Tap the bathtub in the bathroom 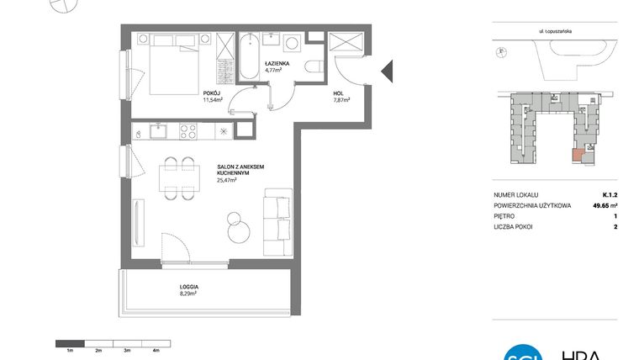249,59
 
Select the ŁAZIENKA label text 277,63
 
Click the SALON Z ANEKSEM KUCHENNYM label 240,171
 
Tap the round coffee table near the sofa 237,223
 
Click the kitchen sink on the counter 157,130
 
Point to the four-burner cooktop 187,130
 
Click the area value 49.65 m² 604,204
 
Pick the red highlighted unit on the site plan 578,154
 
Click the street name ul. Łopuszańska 556,29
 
